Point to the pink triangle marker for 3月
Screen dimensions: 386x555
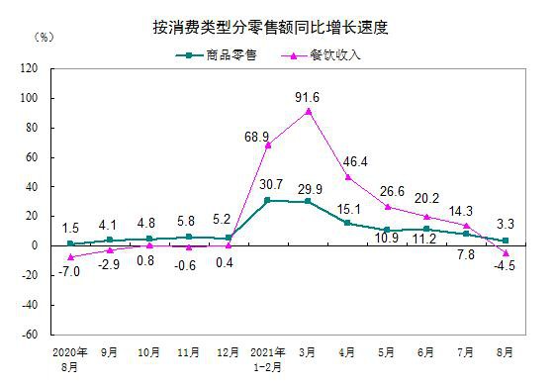click(309, 111)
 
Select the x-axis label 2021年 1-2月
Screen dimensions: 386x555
click(269, 357)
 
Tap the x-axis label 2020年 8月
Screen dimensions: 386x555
click(70, 357)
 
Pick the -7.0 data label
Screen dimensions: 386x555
click(68, 270)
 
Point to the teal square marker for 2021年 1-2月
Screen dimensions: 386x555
click(269, 200)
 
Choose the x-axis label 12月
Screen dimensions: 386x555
click(229, 351)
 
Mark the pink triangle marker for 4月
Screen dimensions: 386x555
click(348, 177)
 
